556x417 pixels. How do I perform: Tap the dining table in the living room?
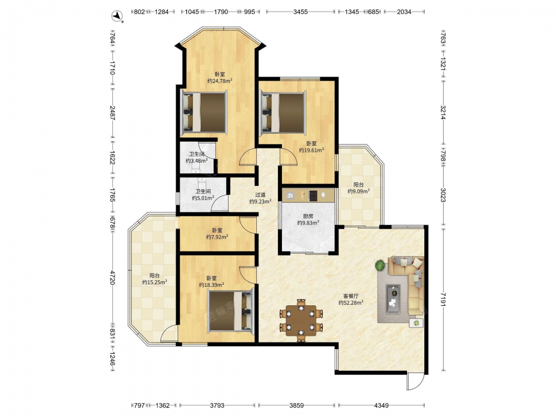coord(301,320)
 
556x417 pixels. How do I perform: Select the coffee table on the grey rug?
coord(393,299)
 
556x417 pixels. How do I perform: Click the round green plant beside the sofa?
coord(380,265)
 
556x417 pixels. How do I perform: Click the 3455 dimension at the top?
coord(300,12)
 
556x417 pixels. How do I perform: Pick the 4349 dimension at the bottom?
coord(381,405)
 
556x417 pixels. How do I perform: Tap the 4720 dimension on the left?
coord(112,277)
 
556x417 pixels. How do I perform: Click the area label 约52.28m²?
coord(351,303)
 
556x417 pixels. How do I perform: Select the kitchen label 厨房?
coord(308,216)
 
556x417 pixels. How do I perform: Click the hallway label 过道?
coord(260,195)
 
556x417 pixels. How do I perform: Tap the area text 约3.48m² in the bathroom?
coord(196,161)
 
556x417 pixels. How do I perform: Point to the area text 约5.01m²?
coord(203,198)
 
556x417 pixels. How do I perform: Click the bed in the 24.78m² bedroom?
coord(204,112)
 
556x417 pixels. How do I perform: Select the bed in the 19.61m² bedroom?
coord(283,113)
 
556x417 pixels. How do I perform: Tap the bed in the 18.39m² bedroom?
coord(231,311)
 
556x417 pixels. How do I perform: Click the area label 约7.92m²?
coord(217,237)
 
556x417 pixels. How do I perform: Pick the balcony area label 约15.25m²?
coord(155,282)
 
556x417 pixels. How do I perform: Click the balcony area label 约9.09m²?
coord(359,191)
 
